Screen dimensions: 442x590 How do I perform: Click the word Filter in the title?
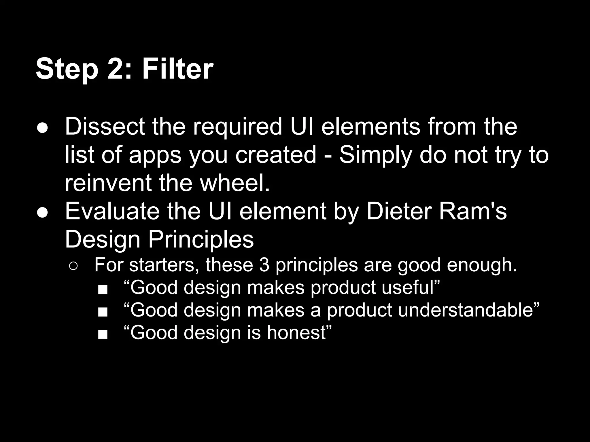(x=178, y=69)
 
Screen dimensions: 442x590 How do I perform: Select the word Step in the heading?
(x=67, y=70)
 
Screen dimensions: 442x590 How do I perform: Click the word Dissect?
(x=105, y=127)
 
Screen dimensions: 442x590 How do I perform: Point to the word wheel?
(x=235, y=183)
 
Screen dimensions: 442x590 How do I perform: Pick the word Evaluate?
(x=112, y=212)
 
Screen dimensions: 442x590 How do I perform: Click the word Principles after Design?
(x=201, y=239)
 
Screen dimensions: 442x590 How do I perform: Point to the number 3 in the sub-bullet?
(x=264, y=265)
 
